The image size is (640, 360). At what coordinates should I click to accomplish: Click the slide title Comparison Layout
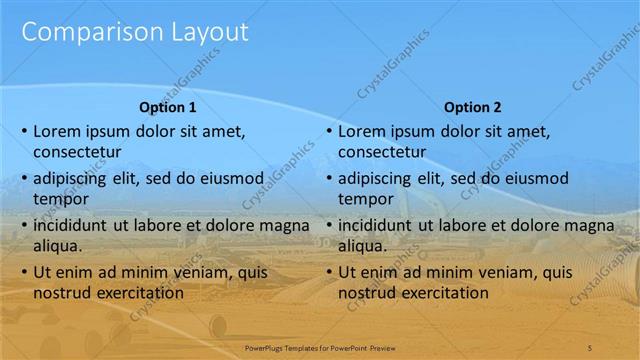(x=134, y=32)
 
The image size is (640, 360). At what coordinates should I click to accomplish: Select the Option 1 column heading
(x=167, y=107)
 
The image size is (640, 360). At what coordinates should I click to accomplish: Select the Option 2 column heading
(x=472, y=107)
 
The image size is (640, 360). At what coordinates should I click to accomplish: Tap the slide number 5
(x=590, y=346)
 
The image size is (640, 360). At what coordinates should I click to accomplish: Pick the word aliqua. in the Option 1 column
(x=58, y=245)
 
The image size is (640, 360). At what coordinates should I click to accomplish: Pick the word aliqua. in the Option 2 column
(x=363, y=245)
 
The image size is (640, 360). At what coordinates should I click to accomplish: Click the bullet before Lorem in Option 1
(x=24, y=131)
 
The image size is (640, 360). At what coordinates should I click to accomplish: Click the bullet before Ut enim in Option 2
(x=329, y=272)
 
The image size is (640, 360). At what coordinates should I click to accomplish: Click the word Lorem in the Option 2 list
(x=361, y=130)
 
